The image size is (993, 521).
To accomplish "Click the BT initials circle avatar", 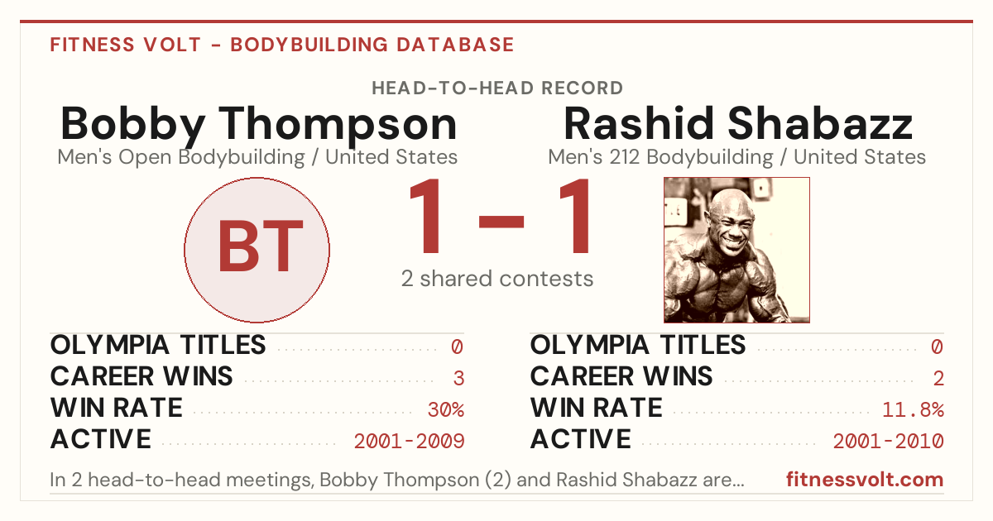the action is (x=257, y=250).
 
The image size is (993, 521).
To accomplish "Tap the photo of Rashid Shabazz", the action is (x=736, y=250).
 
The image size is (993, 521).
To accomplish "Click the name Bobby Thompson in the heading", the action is (x=258, y=126).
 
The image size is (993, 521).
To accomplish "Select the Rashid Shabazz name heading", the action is (x=737, y=123).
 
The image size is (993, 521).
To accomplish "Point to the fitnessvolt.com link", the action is (x=865, y=480).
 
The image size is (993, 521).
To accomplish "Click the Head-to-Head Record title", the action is (x=497, y=88).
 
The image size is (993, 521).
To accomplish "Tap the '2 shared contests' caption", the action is (x=497, y=279).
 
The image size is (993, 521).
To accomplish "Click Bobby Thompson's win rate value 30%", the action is (x=445, y=409).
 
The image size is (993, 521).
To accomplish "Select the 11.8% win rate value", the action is (x=913, y=409).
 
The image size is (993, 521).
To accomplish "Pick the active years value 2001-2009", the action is (x=409, y=441).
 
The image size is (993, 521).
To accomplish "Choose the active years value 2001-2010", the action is (x=889, y=441).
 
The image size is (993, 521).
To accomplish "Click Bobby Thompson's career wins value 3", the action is (x=458, y=378).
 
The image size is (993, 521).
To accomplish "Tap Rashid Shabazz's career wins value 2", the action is (x=938, y=378).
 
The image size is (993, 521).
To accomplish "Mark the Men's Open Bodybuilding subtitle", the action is (x=257, y=157).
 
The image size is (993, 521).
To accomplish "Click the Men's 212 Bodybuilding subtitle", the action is (x=736, y=157).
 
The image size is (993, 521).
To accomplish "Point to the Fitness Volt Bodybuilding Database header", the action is (x=282, y=45).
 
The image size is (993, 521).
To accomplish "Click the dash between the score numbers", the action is (x=501, y=222).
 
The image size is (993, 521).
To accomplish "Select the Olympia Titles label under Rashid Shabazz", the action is (x=638, y=345).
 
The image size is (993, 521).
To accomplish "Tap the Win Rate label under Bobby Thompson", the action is (x=116, y=408).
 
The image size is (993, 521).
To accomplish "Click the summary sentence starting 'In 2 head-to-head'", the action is (x=397, y=480).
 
